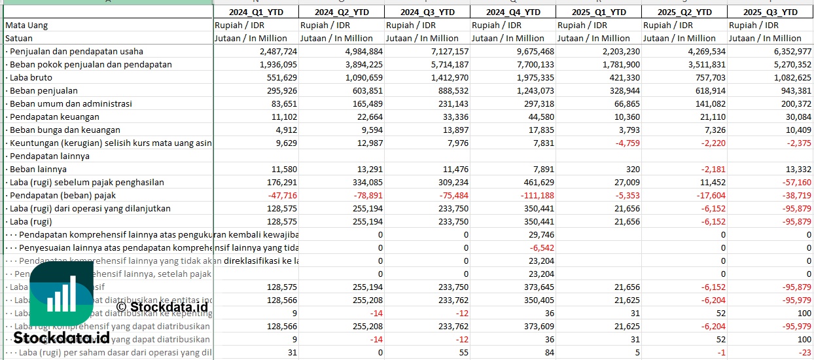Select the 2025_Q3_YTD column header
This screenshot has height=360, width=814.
[771, 12]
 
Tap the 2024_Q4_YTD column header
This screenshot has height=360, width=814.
[513, 12]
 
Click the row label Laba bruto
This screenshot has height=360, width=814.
[31, 77]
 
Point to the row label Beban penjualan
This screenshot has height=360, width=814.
[43, 90]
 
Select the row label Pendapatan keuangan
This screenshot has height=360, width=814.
[54, 117]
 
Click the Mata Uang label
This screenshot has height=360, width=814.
[27, 25]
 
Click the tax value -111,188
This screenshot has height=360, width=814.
[534, 195]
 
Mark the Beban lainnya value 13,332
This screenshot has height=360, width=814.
[796, 169]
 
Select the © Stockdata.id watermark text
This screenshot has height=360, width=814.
[162, 306]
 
